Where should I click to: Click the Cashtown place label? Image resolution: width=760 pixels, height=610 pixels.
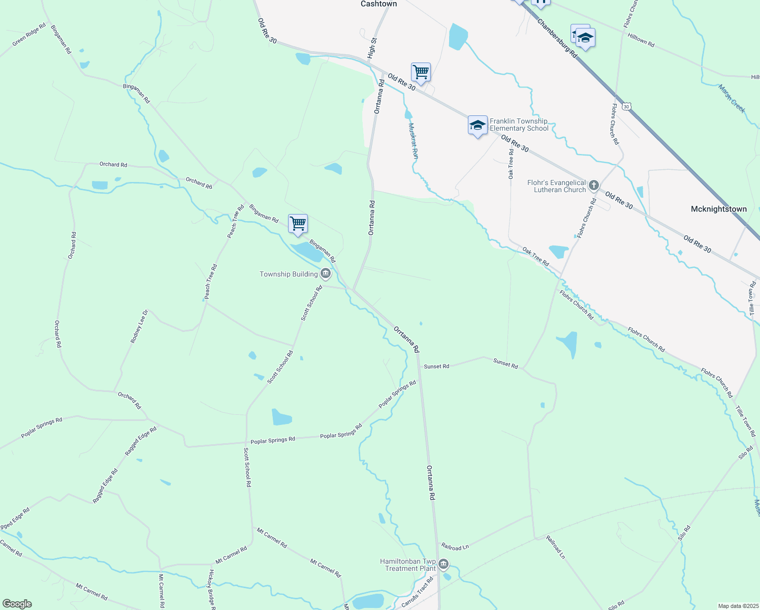[x=378, y=4]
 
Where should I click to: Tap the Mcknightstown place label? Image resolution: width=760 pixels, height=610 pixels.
[x=718, y=209]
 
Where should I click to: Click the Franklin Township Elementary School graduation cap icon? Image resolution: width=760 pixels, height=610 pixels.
[x=478, y=125]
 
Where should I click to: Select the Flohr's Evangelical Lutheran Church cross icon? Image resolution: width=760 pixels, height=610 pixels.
[x=594, y=186]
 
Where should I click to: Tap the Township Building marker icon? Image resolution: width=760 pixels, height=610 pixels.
[x=326, y=274]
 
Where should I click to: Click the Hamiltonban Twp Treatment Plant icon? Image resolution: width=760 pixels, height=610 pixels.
[x=444, y=564]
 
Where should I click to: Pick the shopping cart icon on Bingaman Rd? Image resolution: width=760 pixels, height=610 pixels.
[x=298, y=224]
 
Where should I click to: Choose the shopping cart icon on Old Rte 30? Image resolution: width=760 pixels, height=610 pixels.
[x=421, y=72]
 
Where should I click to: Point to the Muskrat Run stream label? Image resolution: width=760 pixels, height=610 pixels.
[x=413, y=141]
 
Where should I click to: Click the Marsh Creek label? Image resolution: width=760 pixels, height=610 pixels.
[x=732, y=99]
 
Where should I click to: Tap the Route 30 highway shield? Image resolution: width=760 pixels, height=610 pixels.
[x=627, y=106]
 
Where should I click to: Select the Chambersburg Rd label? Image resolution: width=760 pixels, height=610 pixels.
[x=557, y=38]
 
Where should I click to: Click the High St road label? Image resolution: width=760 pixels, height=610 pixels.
[x=372, y=47]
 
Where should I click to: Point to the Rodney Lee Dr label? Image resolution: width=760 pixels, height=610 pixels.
[x=139, y=326]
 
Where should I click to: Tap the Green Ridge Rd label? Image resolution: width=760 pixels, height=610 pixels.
[x=29, y=35]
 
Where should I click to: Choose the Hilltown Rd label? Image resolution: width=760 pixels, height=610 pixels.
[x=641, y=40]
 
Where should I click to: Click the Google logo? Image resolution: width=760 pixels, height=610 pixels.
[x=17, y=604]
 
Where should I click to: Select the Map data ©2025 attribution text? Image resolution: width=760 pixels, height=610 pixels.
[x=737, y=606]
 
